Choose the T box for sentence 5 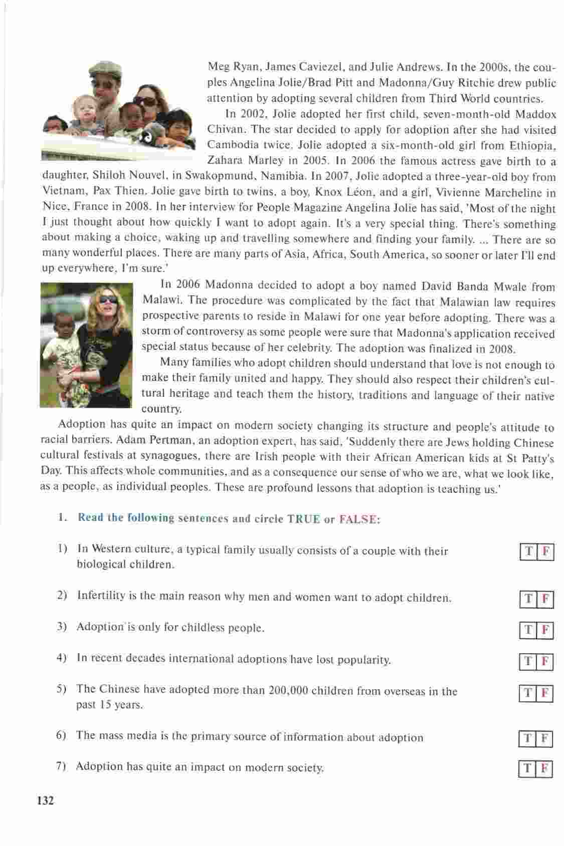[x=528, y=694]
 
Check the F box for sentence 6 [x=545, y=739]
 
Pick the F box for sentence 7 [x=545, y=768]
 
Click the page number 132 [x=45, y=800]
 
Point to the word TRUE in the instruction [x=303, y=519]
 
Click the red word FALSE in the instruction [x=358, y=519]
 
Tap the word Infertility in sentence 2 [x=101, y=596]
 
